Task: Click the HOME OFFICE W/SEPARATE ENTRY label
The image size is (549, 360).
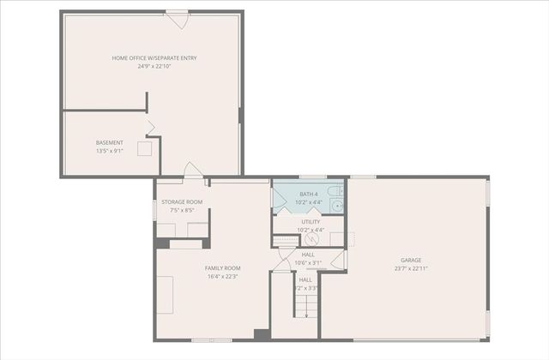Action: pos(154,57)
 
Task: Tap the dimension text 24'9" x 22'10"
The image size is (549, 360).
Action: pos(154,66)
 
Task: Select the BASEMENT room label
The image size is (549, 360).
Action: pos(109,142)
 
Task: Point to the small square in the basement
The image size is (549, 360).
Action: pos(144,147)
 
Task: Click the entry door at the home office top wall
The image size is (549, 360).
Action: pos(178,15)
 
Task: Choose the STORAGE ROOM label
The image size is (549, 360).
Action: pos(182,202)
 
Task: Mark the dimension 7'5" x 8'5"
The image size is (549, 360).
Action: pos(182,210)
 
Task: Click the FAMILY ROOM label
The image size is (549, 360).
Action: pos(222,268)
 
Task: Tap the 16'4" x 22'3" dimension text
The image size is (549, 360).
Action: pos(222,276)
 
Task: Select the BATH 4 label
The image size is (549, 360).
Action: pos(309,195)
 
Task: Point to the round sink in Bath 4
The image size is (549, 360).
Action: pos(337,206)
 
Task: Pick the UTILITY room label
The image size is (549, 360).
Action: pos(310,222)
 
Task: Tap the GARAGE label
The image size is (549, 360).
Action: pos(411,260)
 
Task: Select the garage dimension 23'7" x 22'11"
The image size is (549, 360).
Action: pos(411,268)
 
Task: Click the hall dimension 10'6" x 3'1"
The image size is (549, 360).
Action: pos(308,262)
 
